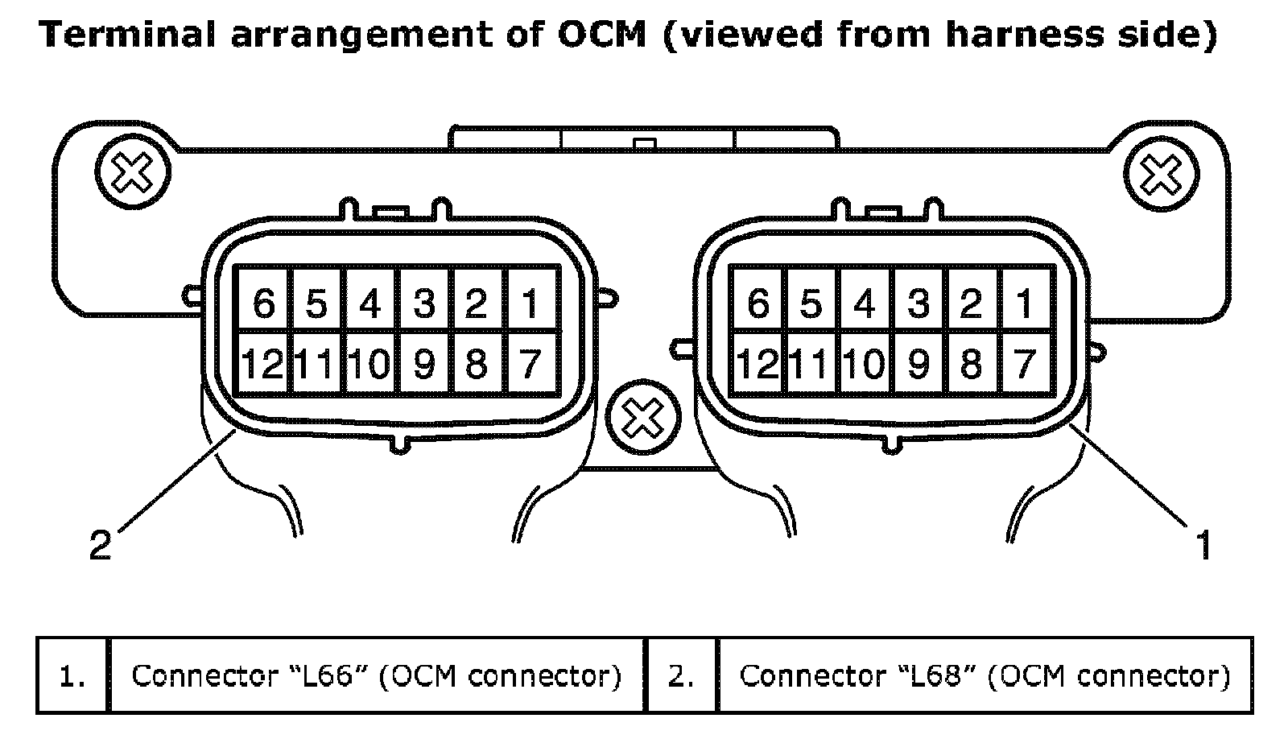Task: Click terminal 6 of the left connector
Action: (263, 303)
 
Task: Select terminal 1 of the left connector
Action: (530, 303)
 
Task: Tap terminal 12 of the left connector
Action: (263, 364)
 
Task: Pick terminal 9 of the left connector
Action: (423, 364)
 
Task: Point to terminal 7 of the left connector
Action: (530, 364)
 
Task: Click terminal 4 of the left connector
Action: (370, 303)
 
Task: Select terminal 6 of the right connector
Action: (758, 303)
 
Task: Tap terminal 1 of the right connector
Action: (1024, 303)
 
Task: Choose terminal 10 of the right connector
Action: (865, 364)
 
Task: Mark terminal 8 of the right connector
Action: (971, 364)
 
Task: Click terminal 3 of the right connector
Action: (918, 303)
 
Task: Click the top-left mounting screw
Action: (132, 171)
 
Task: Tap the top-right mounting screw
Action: (1160, 175)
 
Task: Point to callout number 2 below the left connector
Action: (100, 546)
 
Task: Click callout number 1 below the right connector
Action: (1203, 546)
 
